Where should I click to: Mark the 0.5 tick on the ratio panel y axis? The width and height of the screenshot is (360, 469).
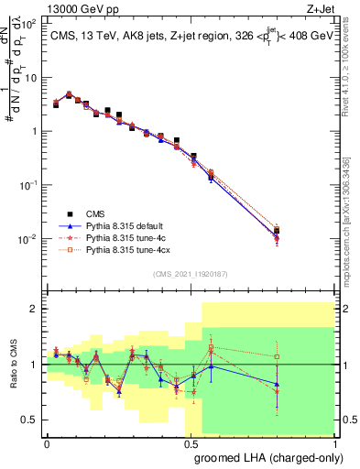pos(31,420)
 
